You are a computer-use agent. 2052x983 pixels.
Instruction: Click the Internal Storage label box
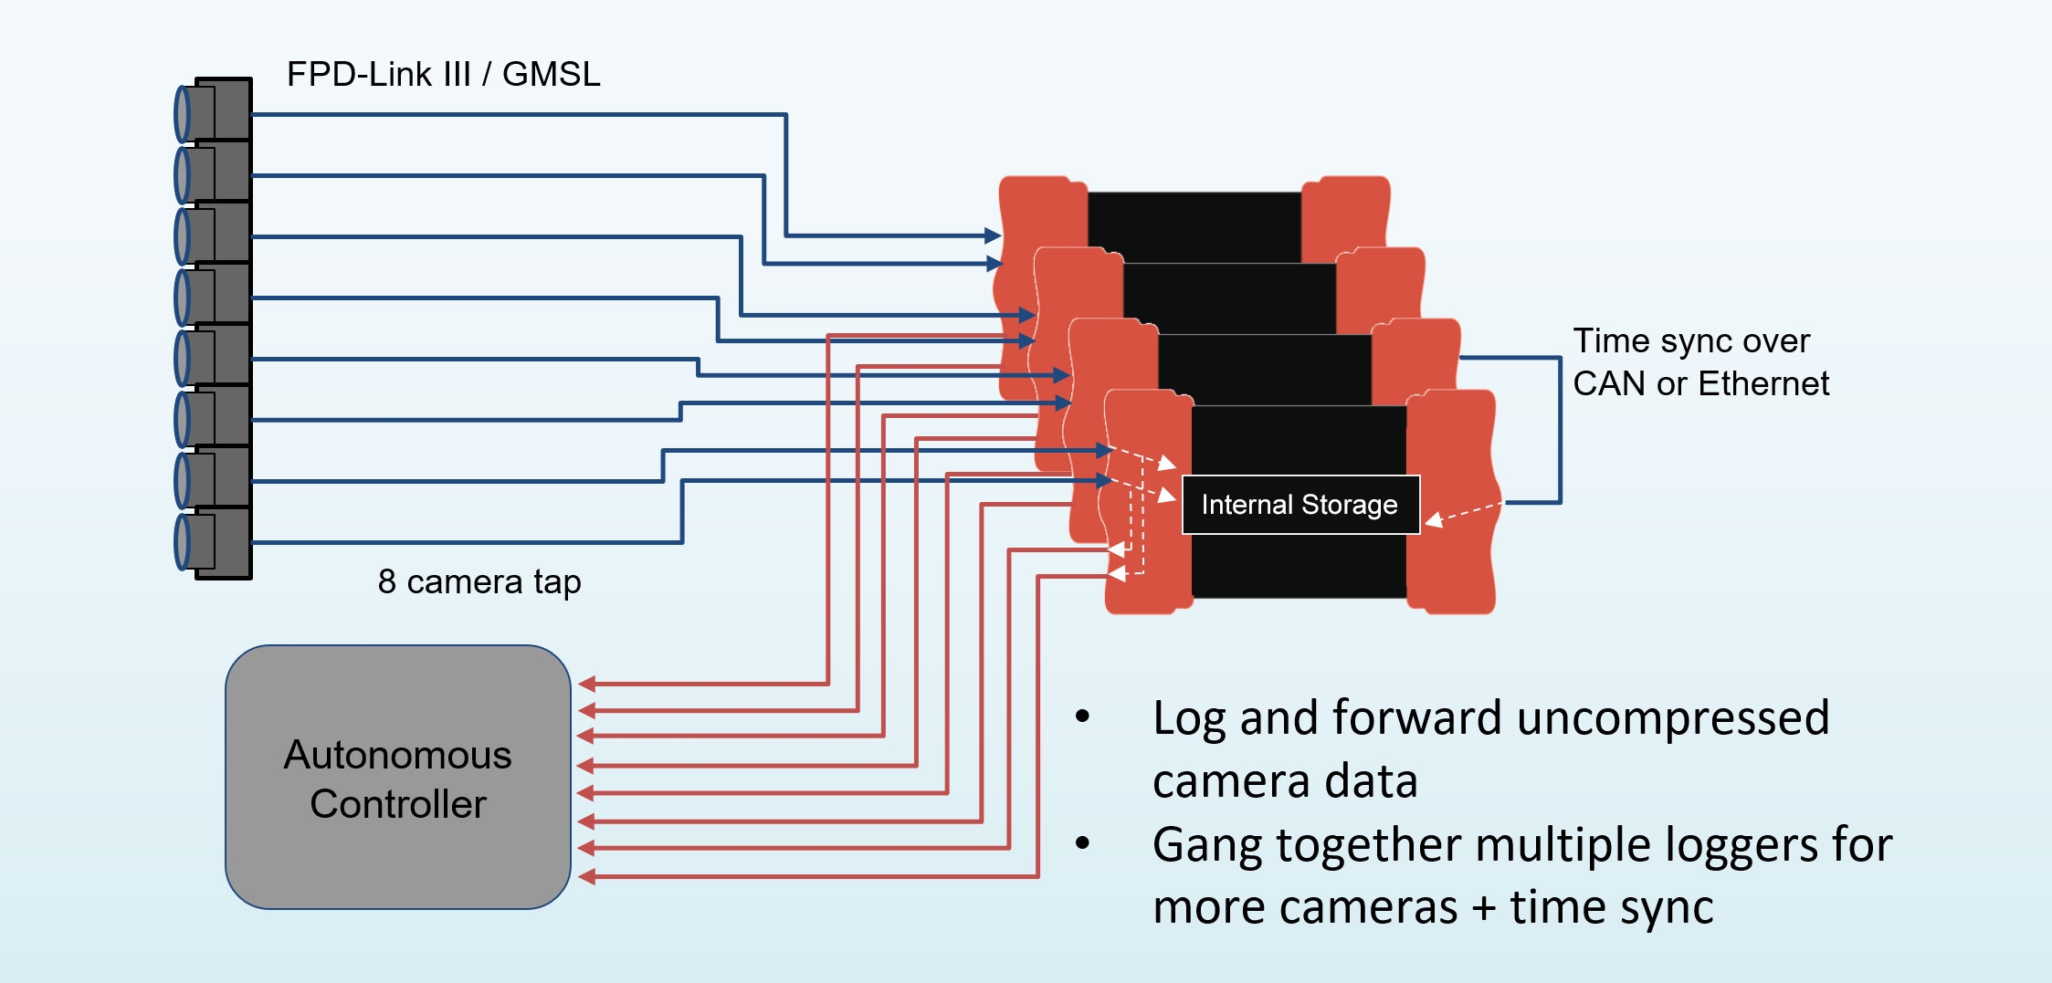1300,504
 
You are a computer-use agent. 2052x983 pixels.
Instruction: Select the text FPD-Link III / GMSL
444,74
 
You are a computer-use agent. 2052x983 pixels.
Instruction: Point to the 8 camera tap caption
479,581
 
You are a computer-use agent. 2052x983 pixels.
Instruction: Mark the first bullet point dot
1082,716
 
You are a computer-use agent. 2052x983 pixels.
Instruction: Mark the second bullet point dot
1082,843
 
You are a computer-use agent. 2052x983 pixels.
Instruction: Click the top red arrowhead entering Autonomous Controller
587,684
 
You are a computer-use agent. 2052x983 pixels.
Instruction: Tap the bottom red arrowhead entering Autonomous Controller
587,877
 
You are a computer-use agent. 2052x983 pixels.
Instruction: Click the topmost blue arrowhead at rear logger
994,235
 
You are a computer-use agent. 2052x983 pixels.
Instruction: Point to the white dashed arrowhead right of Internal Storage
1434,520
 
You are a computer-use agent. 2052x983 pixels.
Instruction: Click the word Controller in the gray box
398,804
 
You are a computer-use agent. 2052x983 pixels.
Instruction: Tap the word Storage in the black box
1349,504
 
